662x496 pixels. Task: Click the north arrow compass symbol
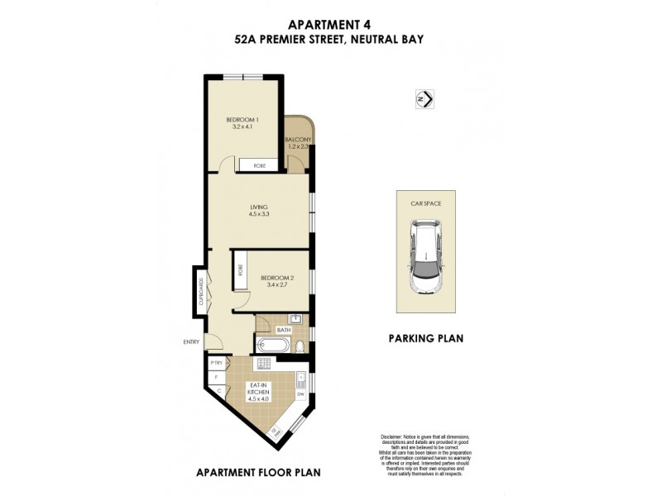tap(424, 99)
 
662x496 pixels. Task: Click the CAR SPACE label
tap(425, 202)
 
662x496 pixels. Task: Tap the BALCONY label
tap(298, 141)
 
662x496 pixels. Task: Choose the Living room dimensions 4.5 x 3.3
tap(259, 214)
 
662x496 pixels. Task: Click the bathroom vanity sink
tap(294, 318)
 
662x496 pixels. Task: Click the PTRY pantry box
tap(217, 363)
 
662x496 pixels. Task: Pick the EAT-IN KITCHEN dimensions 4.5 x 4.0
tap(258, 398)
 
